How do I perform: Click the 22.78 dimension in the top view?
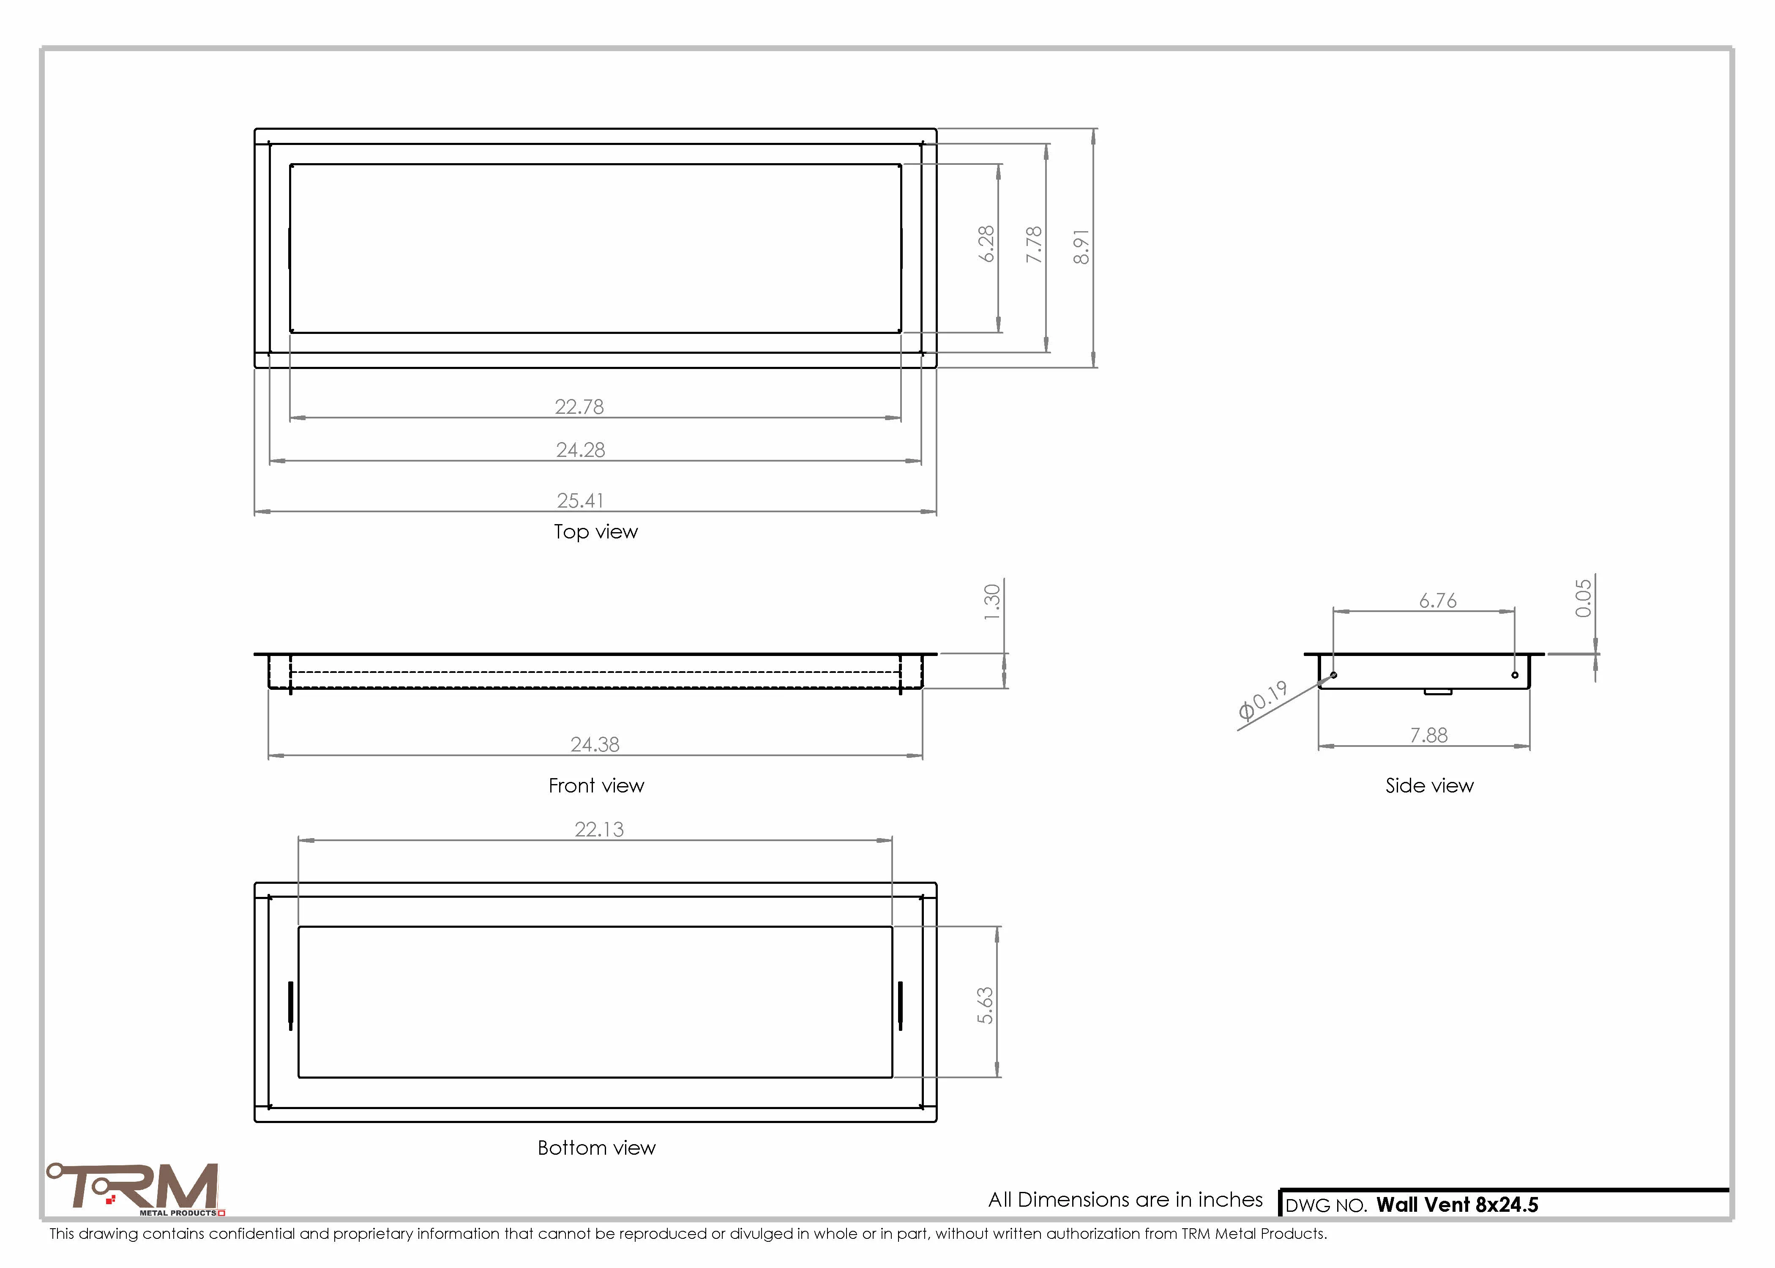click(579, 407)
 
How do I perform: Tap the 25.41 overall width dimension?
click(580, 500)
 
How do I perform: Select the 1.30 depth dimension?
click(991, 602)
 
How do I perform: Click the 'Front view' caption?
click(596, 785)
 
